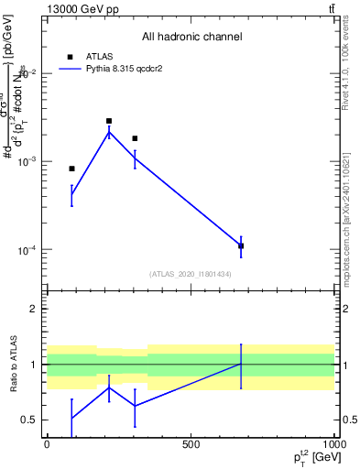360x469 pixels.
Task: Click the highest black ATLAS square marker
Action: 109,121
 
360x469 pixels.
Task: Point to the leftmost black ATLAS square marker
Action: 71,169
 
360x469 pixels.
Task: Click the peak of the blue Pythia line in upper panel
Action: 109,133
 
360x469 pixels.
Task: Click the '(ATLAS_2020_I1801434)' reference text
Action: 191,274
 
